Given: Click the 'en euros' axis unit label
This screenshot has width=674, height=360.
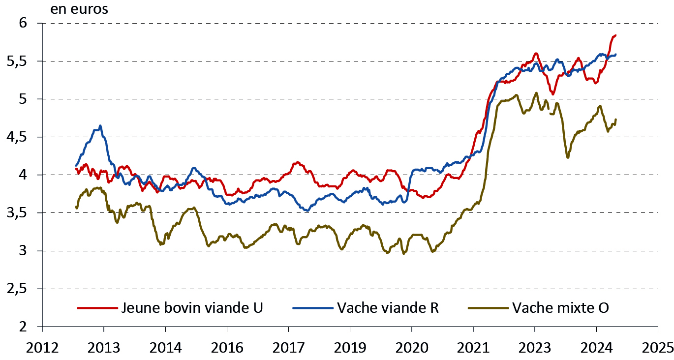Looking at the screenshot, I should point(79,9).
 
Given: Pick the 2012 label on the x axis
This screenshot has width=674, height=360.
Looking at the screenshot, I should point(42,347).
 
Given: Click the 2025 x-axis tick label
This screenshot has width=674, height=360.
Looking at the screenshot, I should point(658,347).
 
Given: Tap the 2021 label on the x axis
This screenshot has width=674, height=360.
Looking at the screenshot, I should point(473,347).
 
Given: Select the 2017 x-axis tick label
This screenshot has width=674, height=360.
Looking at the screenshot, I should point(288,347).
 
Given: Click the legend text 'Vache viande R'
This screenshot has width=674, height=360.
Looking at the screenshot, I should point(388,308).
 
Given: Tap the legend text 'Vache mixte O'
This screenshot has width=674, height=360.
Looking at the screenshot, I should point(560,308).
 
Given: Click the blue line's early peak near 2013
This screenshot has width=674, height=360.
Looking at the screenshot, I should point(100,126).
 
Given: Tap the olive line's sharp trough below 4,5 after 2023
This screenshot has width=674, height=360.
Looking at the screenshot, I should point(568,157).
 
